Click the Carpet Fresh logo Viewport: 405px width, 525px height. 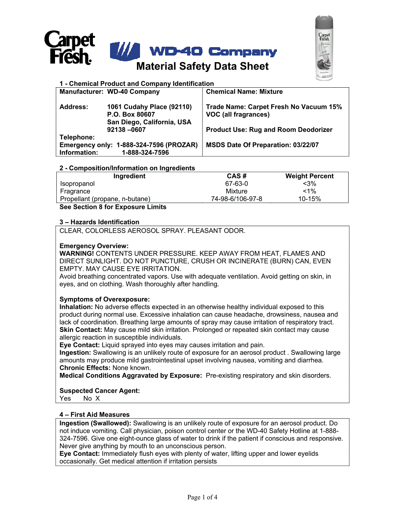point(70,48)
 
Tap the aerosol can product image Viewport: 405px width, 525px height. point(324,48)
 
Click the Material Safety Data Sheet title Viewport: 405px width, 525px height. point(202,67)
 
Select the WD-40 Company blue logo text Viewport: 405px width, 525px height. point(213,52)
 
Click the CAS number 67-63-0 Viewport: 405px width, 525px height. point(236,184)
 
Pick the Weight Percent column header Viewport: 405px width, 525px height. point(309,176)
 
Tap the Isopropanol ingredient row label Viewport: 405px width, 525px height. point(77,184)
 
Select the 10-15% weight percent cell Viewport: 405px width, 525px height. point(309,199)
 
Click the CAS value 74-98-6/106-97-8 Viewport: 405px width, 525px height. point(236,199)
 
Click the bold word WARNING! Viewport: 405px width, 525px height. point(77,253)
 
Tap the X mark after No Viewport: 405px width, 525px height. point(98,398)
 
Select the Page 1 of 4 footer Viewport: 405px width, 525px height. point(202,498)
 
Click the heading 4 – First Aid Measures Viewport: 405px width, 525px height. point(95,415)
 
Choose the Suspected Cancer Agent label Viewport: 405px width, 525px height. point(99,391)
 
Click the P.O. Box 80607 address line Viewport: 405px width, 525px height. point(131,115)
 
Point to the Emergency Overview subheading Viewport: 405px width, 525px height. point(94,246)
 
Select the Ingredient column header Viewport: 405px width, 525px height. point(129,176)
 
